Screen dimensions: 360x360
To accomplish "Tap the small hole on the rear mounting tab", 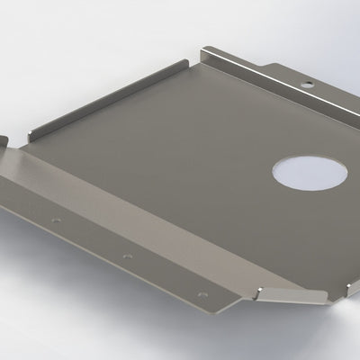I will click(308, 84).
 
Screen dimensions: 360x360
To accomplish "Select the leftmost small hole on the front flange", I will click(57, 220).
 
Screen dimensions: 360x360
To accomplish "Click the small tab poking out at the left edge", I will click(4, 141).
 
